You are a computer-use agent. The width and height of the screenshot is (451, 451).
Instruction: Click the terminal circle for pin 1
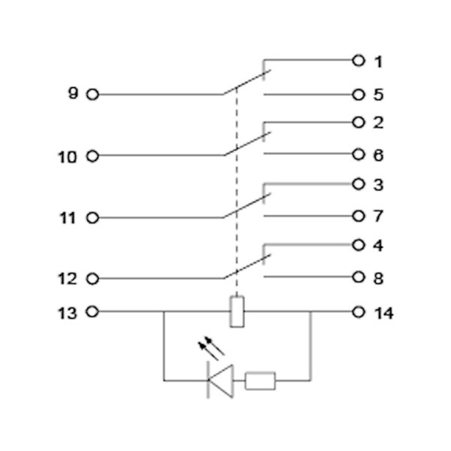[359, 61]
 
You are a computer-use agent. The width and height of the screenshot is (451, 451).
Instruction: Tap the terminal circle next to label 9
[92, 95]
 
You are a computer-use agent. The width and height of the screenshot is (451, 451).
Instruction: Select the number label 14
[383, 312]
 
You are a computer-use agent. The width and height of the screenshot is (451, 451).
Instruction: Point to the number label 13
[68, 312]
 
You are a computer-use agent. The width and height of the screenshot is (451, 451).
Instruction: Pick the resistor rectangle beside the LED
[261, 381]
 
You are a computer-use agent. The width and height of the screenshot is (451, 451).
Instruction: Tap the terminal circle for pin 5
[359, 95]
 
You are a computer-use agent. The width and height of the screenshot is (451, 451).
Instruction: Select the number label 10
[68, 156]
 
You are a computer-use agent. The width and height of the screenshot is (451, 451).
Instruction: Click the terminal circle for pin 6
[359, 156]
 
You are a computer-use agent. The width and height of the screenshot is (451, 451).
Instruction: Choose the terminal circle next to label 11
[92, 217]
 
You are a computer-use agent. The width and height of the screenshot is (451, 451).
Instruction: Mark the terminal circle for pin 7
[359, 216]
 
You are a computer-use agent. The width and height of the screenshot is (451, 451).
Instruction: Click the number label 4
[379, 246]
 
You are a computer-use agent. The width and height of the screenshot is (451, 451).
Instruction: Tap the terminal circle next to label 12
[92, 279]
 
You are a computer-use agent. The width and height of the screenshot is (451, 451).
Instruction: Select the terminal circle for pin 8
[359, 278]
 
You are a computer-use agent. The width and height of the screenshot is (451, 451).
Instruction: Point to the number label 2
[379, 123]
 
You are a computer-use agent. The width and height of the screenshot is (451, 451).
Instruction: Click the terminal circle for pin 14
[359, 311]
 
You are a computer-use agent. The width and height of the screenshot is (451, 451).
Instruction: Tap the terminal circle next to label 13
[92, 311]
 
